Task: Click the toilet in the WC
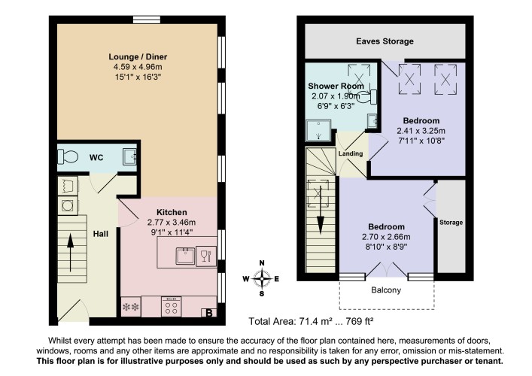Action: pos(68,156)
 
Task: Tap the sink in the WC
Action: pos(129,156)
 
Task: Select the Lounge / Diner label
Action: pos(138,56)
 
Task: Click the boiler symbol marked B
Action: pos(209,313)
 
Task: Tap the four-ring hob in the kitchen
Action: pos(172,307)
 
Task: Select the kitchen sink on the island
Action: pos(185,256)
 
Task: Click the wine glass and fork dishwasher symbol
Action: pos(206,256)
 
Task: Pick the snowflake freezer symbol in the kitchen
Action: pos(131,307)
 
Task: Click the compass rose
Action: pos(262,279)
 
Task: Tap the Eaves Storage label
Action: pos(385,41)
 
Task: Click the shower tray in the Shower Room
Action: pos(318,131)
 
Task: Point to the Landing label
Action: pos(351,153)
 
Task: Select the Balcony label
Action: pos(386,290)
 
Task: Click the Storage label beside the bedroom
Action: pos(451,223)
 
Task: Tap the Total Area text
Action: pos(311,321)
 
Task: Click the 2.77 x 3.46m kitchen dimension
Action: pos(172,223)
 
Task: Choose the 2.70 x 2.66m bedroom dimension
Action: pos(386,237)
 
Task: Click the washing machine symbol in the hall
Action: pos(68,205)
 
